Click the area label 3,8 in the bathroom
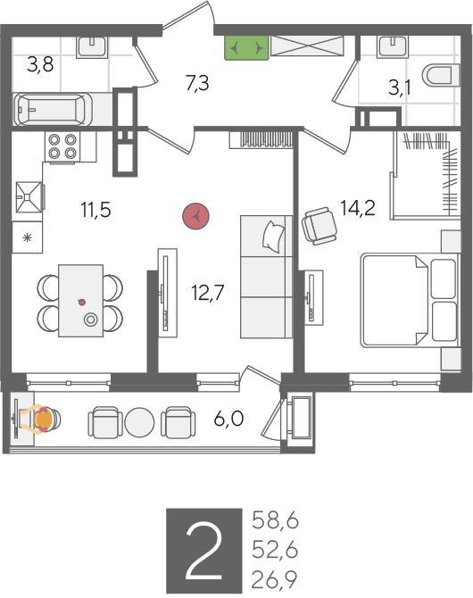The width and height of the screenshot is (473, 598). pyautogui.click(x=40, y=65)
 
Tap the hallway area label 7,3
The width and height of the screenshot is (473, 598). pyautogui.click(x=197, y=83)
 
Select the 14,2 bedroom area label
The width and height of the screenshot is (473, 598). pyautogui.click(x=357, y=208)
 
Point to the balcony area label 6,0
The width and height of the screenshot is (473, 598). pyautogui.click(x=228, y=419)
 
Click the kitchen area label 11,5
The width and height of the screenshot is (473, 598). pyautogui.click(x=95, y=210)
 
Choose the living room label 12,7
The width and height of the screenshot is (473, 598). pyautogui.click(x=208, y=293)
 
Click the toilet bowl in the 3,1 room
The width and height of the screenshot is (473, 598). pyautogui.click(x=441, y=75)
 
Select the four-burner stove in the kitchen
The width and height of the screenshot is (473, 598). pyautogui.click(x=62, y=146)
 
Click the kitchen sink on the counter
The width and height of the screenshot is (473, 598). pyautogui.click(x=29, y=196)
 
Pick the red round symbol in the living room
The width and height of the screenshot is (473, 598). pyautogui.click(x=195, y=217)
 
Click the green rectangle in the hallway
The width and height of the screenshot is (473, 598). pyautogui.click(x=247, y=47)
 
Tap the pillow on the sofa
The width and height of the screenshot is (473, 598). pyautogui.click(x=273, y=237)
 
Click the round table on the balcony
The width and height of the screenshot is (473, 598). pyautogui.click(x=139, y=422)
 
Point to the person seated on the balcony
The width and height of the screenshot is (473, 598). pyautogui.click(x=43, y=419)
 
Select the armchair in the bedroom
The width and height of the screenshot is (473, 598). pyautogui.click(x=319, y=226)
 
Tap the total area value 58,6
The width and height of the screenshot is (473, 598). pyautogui.click(x=275, y=521)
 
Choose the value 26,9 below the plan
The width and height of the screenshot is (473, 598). pyautogui.click(x=275, y=579)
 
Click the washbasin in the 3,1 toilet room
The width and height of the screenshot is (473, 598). pyautogui.click(x=392, y=46)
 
